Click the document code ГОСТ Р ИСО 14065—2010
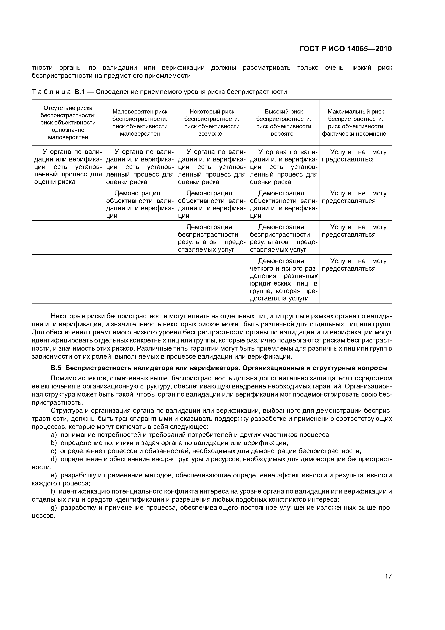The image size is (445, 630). [x=345, y=49]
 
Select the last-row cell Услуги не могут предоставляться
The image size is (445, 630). [x=356, y=265]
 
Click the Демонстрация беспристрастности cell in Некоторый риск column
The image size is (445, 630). [x=212, y=238]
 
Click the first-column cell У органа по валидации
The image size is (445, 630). [x=68, y=167]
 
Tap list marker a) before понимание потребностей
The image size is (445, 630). [x=53, y=435]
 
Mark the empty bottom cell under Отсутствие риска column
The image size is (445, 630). [x=68, y=279]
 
